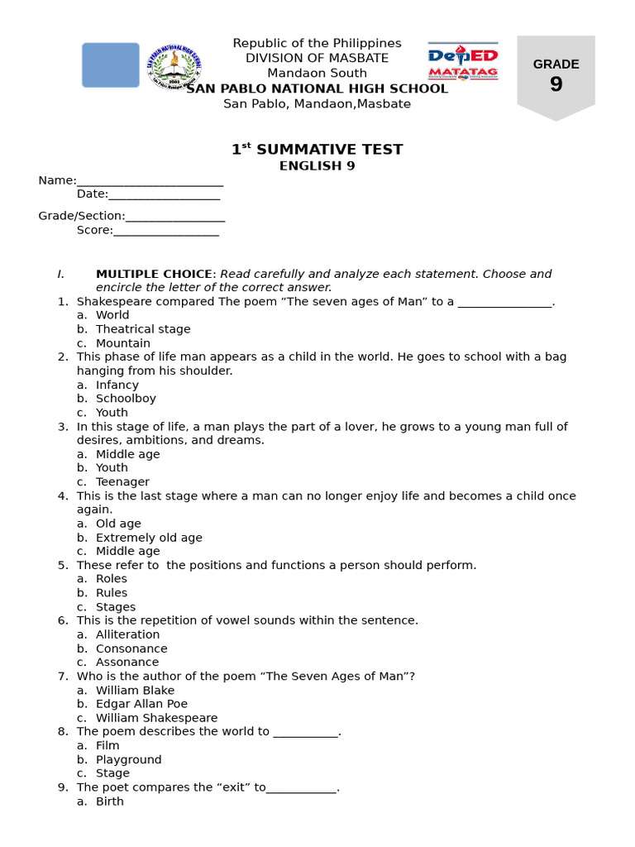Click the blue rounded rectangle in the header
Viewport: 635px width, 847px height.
pyautogui.click(x=111, y=65)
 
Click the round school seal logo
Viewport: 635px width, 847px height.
pyautogui.click(x=174, y=66)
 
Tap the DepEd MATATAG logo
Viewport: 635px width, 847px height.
pyautogui.click(x=462, y=63)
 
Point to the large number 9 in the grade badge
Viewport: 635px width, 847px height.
pyautogui.click(x=556, y=84)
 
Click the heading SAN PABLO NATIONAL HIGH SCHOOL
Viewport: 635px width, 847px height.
pyautogui.click(x=317, y=89)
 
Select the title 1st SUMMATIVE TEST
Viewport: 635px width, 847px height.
pyautogui.click(x=317, y=150)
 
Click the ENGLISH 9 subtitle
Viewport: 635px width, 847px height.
pyautogui.click(x=317, y=165)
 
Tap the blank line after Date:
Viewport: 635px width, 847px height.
pyautogui.click(x=164, y=194)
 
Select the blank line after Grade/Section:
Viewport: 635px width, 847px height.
pyautogui.click(x=175, y=217)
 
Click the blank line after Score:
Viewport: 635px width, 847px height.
pyautogui.click(x=165, y=231)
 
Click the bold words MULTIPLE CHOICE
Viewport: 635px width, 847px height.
pyautogui.click(x=155, y=274)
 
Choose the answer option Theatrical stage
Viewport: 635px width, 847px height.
pyautogui.click(x=143, y=329)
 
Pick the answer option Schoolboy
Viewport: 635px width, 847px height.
pyautogui.click(x=126, y=399)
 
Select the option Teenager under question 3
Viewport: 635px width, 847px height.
pyautogui.click(x=122, y=482)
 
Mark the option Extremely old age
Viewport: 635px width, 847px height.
pyautogui.click(x=149, y=538)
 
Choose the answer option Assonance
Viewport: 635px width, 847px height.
pyautogui.click(x=127, y=663)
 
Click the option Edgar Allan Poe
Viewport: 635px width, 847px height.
pyautogui.click(x=141, y=704)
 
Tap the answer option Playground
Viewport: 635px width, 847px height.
pyautogui.click(x=129, y=759)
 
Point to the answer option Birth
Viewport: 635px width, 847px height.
pyautogui.click(x=110, y=802)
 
